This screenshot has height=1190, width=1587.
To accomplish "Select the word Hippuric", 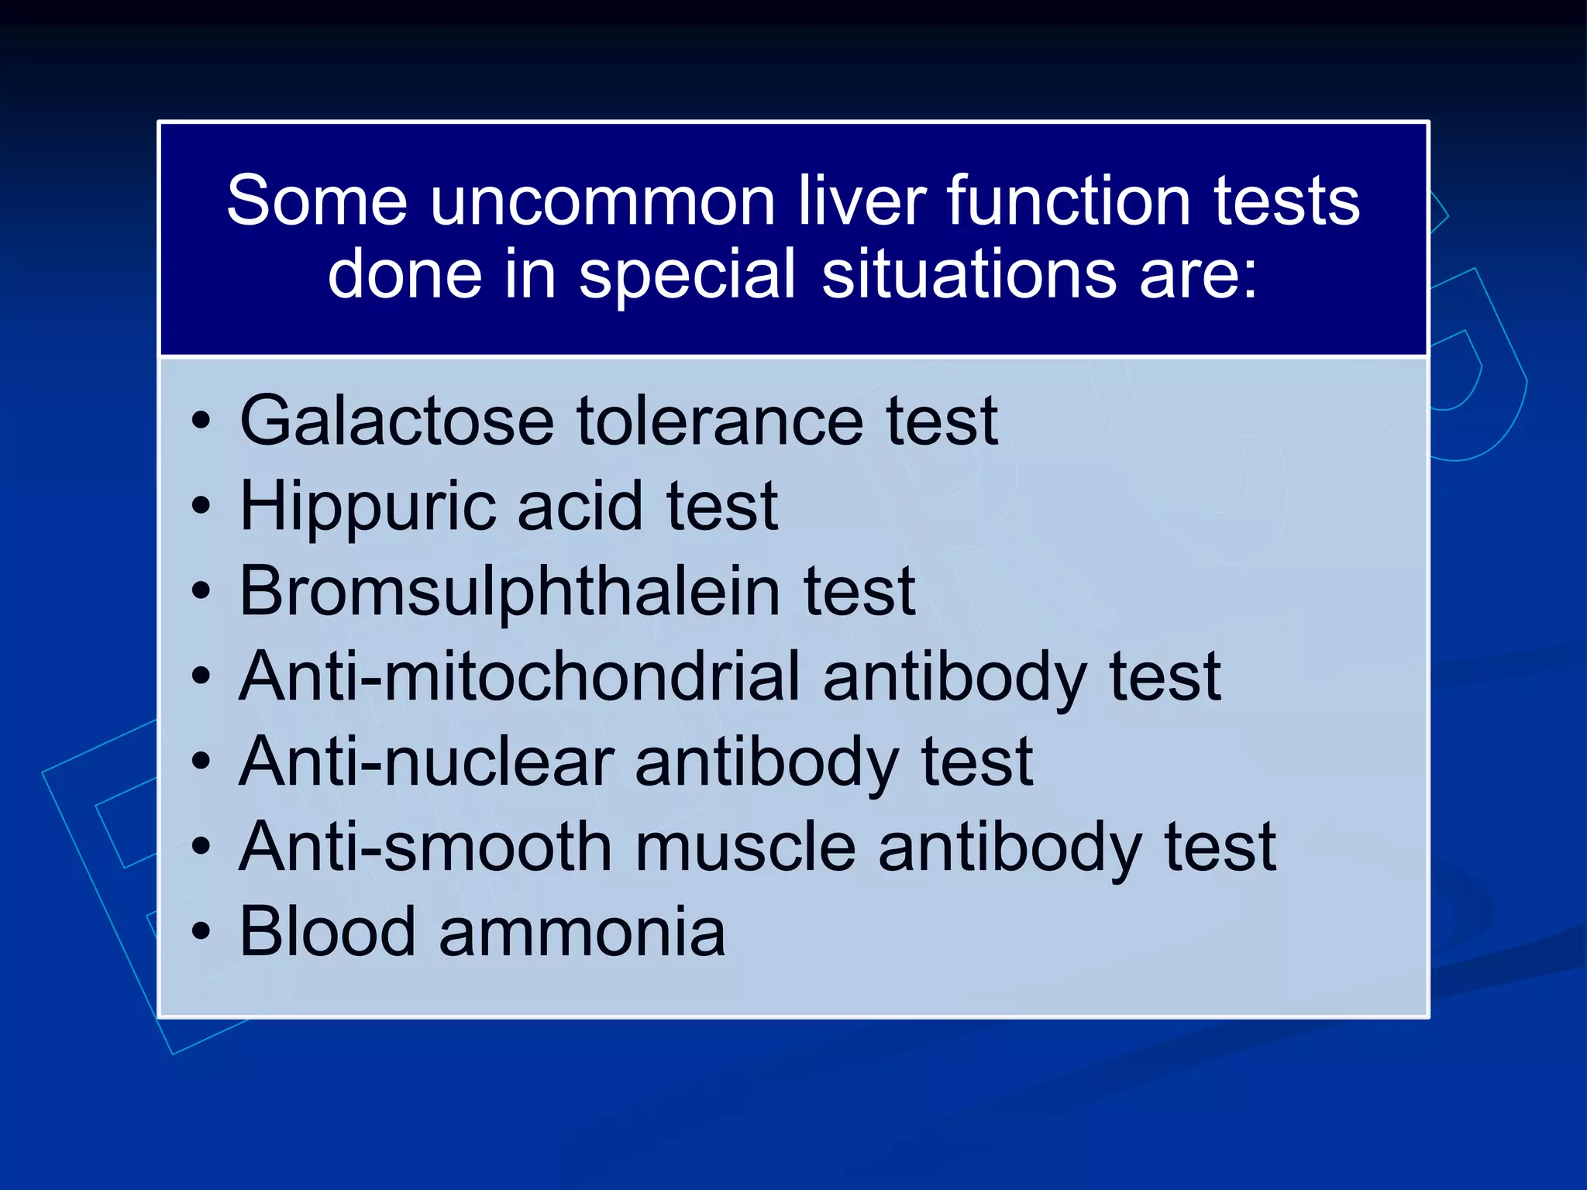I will [367, 507].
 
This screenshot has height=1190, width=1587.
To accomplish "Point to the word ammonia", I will [582, 933].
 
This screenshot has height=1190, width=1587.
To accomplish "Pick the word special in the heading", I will [687, 276].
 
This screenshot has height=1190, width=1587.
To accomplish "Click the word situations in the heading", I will [969, 274].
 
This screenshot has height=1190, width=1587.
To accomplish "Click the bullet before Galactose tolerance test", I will [201, 421].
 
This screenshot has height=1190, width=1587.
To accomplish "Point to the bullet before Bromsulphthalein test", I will [201, 592].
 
